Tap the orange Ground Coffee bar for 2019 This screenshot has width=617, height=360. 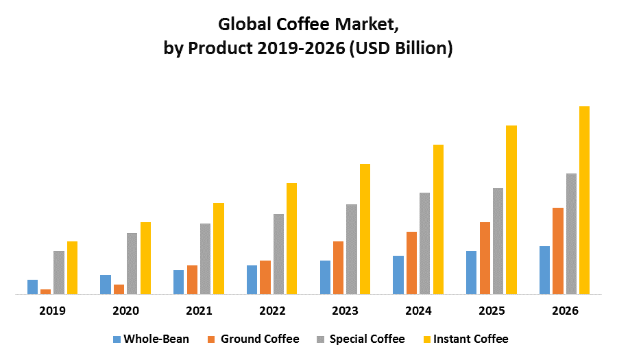pyautogui.click(x=45, y=291)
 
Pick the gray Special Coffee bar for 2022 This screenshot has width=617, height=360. pyautogui.click(x=278, y=254)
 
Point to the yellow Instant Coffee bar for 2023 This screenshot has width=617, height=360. pyautogui.click(x=365, y=229)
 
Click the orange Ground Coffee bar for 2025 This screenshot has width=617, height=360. pyautogui.click(x=485, y=258)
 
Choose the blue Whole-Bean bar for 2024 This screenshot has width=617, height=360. pyautogui.click(x=398, y=275)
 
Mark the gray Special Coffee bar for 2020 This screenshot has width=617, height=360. pyautogui.click(x=132, y=263)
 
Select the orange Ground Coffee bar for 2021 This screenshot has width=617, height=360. pyautogui.click(x=192, y=280)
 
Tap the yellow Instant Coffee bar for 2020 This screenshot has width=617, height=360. pyautogui.click(x=145, y=258)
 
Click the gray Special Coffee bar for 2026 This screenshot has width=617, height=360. pyautogui.click(x=571, y=234)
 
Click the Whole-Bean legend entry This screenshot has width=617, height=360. pyautogui.click(x=151, y=339)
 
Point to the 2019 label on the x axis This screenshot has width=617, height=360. pyautogui.click(x=52, y=311)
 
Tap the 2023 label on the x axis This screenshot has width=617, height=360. pyautogui.click(x=345, y=311)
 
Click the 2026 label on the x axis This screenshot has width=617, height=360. pyautogui.click(x=565, y=311)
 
